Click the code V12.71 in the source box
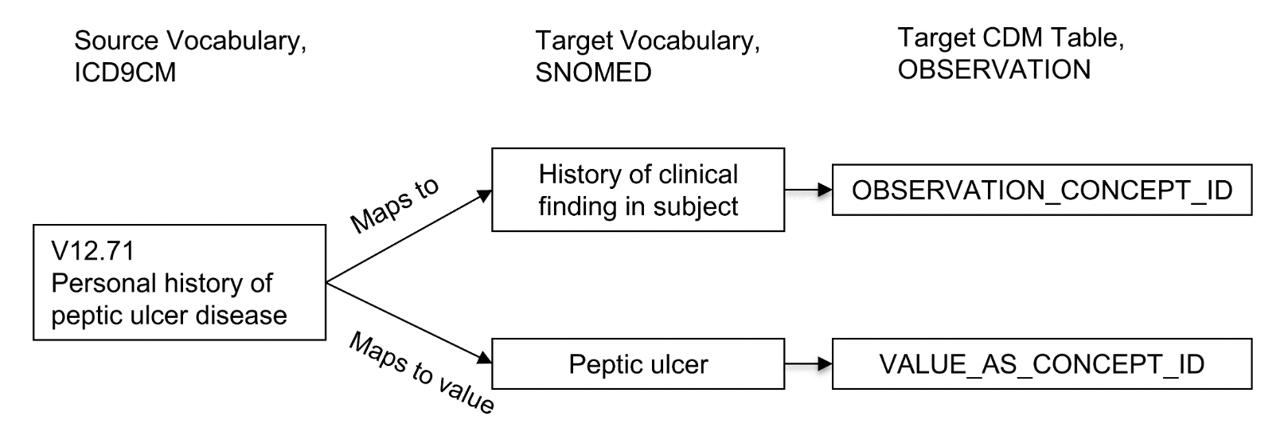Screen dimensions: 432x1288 tap(93, 251)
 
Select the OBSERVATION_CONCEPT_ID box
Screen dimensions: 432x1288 tap(1041, 190)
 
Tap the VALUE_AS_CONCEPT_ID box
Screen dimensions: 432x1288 tap(1041, 364)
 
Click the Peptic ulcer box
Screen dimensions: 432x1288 tap(638, 364)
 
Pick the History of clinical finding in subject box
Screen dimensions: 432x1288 tap(638, 190)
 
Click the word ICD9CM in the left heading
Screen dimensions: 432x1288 tap(125, 73)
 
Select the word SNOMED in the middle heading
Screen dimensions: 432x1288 tap(593, 73)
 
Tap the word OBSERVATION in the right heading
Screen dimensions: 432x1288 tap(993, 70)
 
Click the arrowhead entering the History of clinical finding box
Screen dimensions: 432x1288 tap(483, 195)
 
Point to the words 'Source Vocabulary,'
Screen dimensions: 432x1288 tap(190, 41)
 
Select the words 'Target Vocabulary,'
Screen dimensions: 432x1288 tap(647, 41)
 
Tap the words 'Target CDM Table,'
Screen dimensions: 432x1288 tap(1010, 37)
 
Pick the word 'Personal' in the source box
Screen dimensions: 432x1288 tap(103, 284)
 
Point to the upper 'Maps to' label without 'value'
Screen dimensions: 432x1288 tap(394, 206)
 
